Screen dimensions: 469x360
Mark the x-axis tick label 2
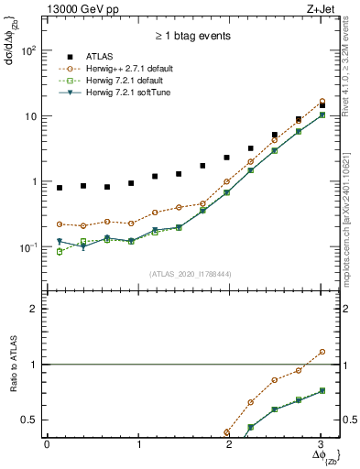tap(230, 443)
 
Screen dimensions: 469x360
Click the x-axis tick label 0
tap(47, 443)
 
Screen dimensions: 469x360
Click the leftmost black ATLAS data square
tap(60, 188)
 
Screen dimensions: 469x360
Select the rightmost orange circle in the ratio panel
tap(321, 351)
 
